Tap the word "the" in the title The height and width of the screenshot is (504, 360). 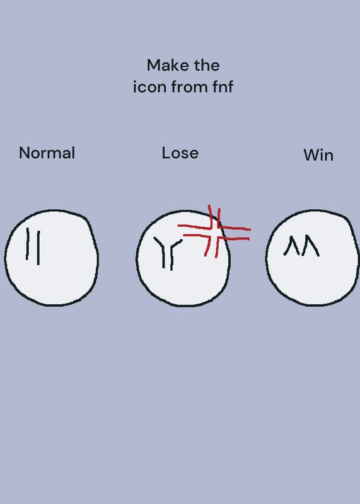pos(207,66)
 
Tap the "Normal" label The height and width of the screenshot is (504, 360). pos(47,152)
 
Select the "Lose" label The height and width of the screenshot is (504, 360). pos(180,153)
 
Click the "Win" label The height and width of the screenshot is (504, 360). pos(318,155)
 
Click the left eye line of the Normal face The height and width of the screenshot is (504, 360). pos(28,244)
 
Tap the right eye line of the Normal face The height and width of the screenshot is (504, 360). pos(38,248)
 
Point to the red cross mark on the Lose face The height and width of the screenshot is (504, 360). pos(213,231)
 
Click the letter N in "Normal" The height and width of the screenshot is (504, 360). pos(25,152)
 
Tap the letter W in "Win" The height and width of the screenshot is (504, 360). pos(310,155)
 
